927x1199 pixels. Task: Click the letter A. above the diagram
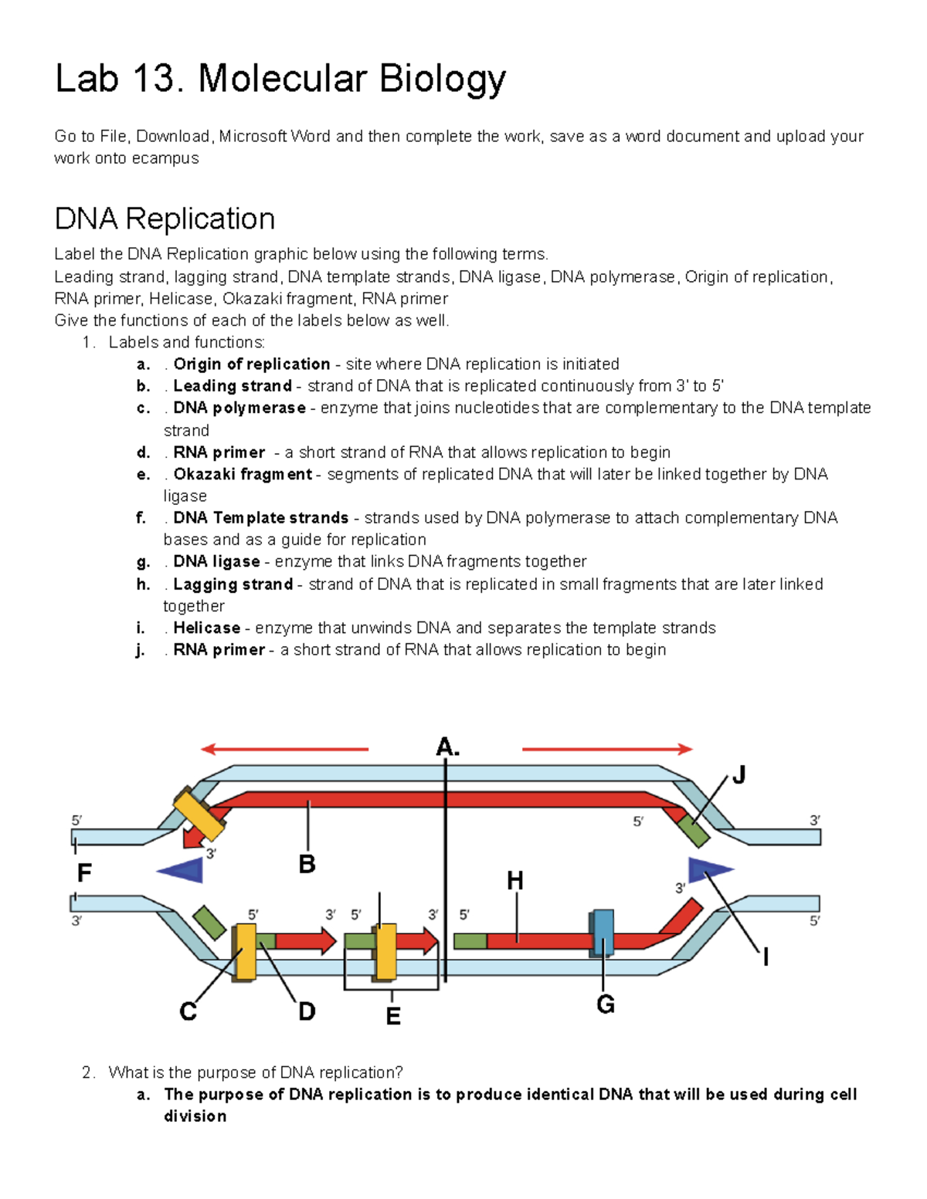pos(447,747)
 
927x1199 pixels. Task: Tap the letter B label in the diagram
pos(307,864)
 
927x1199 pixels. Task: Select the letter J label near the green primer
pos(739,774)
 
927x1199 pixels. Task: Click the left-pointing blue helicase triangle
pos(182,871)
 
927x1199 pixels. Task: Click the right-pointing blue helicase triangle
pos(708,869)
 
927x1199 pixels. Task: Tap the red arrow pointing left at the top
pos(284,749)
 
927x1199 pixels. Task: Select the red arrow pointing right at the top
pos(607,749)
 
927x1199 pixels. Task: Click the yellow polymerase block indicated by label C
pos(246,952)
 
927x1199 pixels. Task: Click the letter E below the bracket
pos(393,1017)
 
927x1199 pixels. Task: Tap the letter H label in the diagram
pos(515,880)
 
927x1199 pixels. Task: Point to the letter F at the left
pos(84,873)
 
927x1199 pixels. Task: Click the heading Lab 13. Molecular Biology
pos(280,79)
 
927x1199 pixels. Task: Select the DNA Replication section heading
pos(165,218)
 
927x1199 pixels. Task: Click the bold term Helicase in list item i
pos(206,628)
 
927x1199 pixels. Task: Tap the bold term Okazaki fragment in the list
pos(243,474)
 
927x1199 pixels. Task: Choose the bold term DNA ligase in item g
pos(216,561)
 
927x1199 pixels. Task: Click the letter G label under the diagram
pos(606,1004)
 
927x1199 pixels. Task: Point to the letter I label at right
pos(766,958)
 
